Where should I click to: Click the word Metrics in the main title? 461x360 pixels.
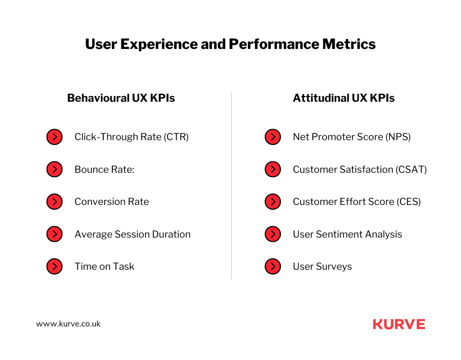point(349,44)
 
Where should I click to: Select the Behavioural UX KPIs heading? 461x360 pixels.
point(121,98)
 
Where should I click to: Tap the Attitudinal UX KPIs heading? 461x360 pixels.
point(344,98)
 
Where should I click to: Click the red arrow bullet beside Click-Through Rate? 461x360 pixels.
point(54,137)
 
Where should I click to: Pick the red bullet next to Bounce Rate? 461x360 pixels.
point(54,169)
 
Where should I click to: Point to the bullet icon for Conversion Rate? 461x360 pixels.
point(54,202)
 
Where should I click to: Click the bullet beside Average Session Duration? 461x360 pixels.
point(54,234)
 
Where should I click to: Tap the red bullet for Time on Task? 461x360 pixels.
point(54,266)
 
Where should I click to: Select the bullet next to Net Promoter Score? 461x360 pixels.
point(273,137)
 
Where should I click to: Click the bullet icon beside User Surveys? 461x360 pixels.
point(273,266)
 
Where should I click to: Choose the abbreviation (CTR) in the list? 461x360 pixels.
point(176,137)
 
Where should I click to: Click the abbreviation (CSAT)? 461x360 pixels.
point(411,169)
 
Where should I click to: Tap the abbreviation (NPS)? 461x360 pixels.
point(398,137)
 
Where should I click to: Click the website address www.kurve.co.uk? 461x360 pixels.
point(68,324)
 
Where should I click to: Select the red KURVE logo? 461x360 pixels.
point(399,324)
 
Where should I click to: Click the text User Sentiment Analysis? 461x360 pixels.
point(348,234)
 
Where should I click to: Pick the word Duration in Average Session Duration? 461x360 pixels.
point(171,234)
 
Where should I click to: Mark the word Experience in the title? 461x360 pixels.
point(158,45)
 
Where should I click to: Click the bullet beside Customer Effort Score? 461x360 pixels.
point(273,202)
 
